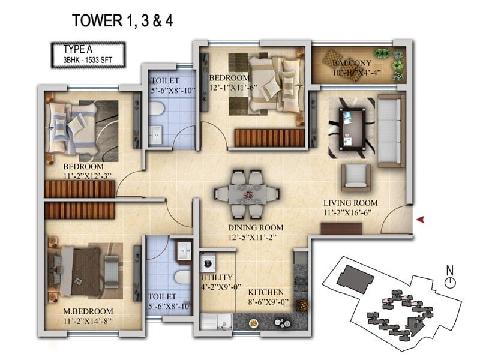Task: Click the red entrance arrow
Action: tap(421, 219)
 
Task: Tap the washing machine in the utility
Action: tap(208, 263)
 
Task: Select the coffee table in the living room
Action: tap(352, 129)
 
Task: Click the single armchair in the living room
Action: tap(356, 178)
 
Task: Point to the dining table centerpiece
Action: tap(248, 194)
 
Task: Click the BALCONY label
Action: tap(352, 64)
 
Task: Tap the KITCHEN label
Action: tap(266, 292)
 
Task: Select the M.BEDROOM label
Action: tap(88, 311)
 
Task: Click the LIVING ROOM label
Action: tap(350, 203)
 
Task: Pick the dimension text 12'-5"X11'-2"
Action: tap(252, 237)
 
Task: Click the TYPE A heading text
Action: tap(78, 49)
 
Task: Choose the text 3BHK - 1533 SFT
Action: tap(88, 59)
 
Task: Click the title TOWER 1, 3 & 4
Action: tap(122, 20)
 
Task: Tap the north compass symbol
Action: tap(449, 277)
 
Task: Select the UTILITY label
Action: tap(217, 277)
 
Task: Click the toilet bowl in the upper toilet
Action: tap(157, 109)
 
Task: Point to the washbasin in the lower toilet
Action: tap(184, 251)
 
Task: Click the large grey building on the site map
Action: tap(355, 279)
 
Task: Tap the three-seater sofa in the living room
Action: tap(391, 131)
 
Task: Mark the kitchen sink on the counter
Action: tap(217, 322)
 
